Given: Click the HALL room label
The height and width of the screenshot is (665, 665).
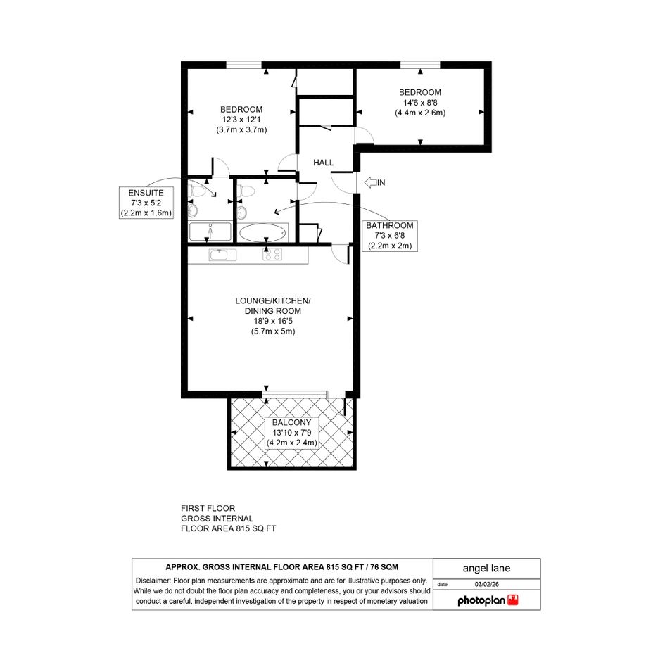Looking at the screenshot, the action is coord(323,163).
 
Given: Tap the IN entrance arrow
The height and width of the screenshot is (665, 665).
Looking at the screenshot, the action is coord(370,183).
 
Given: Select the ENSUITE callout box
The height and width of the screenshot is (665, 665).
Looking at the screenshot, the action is coord(146,203).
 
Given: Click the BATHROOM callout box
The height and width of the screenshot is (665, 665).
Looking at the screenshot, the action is coord(390,236).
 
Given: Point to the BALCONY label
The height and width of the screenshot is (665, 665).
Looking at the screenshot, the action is coord(292,422).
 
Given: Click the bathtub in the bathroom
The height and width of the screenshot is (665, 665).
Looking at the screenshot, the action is coord(262,232).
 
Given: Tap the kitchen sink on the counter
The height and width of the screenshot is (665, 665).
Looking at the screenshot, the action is coord(222,255).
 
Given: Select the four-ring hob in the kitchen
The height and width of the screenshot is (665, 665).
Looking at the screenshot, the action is coord(272,255).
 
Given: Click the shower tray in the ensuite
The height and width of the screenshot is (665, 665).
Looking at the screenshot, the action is coord(210,232).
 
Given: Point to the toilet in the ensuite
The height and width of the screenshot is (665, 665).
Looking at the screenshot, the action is coord(196,191).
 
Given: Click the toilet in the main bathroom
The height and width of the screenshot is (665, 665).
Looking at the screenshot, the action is coord(246,191).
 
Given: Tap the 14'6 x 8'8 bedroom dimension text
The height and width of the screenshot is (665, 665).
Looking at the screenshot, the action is coord(420,103).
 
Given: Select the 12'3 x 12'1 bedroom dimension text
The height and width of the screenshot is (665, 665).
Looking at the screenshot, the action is coord(241,120).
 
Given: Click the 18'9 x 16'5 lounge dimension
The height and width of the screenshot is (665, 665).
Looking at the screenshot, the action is coord(273,321).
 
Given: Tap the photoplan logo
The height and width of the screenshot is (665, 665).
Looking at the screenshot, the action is coord(488,600).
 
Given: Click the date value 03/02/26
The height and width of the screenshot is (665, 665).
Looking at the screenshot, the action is coord(487,584).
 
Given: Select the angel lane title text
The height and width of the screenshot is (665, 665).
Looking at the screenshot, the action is coord(486,569).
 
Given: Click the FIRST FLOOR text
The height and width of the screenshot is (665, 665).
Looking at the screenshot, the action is coord(208,508).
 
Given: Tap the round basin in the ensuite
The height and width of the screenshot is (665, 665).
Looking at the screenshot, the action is coord(193,209).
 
